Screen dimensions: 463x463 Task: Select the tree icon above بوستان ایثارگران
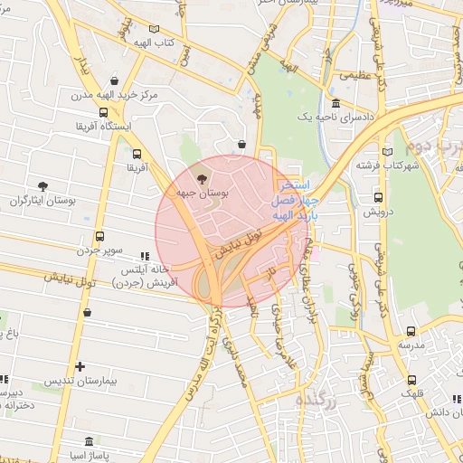[x=43, y=186]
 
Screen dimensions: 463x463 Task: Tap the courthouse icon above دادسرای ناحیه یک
[x=335, y=104]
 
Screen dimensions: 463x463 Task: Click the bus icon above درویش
[x=378, y=197]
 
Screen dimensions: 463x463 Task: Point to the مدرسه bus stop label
[x=411, y=346]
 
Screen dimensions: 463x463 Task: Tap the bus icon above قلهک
[x=412, y=380]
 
